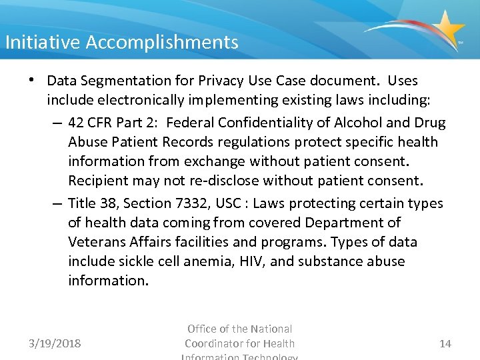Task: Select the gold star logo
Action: (x=447, y=29)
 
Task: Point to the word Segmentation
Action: (x=134, y=81)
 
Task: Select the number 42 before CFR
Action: (x=76, y=123)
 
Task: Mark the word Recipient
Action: (x=99, y=181)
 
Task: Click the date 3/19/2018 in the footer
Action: (x=55, y=344)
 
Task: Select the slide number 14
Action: (x=445, y=344)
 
